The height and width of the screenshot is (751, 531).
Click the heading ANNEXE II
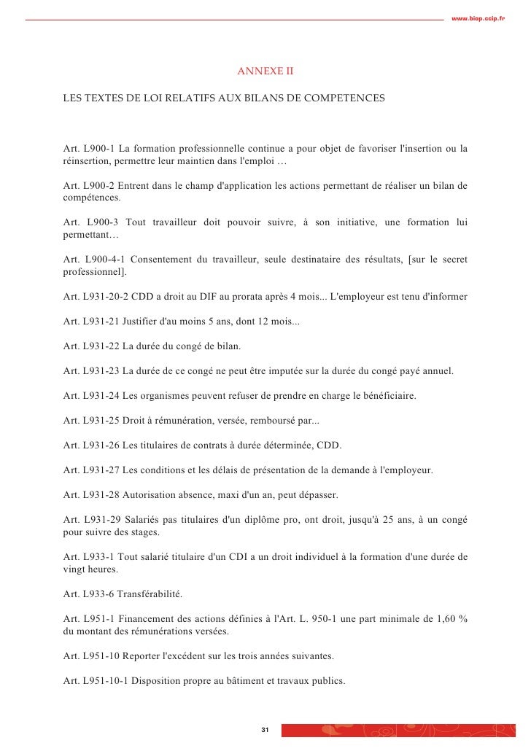tap(265, 72)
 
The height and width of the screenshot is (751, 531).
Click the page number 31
tap(265, 731)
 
